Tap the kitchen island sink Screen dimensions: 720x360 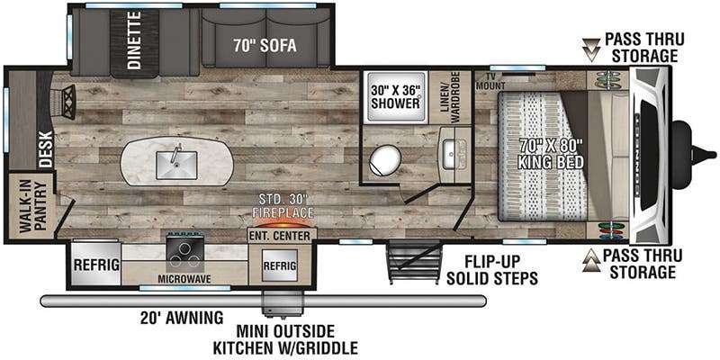176,165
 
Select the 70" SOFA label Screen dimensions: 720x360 265,46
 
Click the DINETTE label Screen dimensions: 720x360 134,40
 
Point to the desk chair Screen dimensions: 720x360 63,102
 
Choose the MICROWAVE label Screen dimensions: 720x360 184,279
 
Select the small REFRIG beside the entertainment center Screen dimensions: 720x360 279,265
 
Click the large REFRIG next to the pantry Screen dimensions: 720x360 96,265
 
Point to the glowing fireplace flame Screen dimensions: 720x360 283,223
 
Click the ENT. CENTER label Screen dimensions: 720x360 283,237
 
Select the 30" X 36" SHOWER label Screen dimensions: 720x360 395,96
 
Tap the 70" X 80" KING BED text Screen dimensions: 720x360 551,153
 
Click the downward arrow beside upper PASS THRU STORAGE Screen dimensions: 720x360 591,49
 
